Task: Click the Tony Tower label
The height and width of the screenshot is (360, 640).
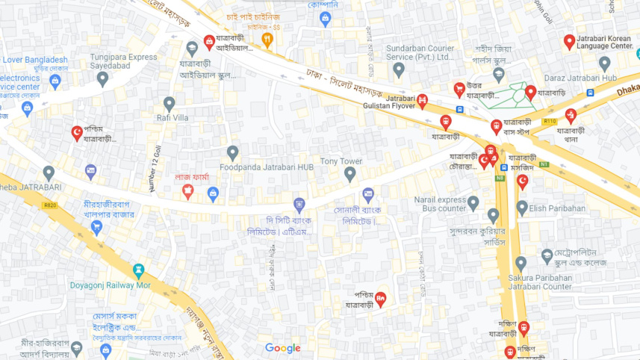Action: pos(341,161)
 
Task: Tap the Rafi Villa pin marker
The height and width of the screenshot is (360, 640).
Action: pos(170,104)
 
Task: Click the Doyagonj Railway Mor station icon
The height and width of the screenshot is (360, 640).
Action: pos(138,270)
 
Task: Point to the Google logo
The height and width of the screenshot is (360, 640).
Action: pos(282,348)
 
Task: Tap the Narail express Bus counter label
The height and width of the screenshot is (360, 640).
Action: pos(440,204)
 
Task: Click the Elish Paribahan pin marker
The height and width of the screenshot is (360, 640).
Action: pos(522,207)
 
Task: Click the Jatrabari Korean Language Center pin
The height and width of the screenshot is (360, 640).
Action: pos(569,41)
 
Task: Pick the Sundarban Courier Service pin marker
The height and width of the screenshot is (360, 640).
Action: pos(399,69)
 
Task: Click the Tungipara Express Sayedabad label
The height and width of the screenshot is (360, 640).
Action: pos(123,61)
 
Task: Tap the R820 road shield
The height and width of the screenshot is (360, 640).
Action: pos(50,204)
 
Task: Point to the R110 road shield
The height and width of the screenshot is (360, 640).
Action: pos(550,121)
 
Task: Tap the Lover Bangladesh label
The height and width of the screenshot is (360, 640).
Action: pos(34,60)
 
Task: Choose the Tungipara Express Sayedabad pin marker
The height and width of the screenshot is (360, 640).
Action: pos(102,78)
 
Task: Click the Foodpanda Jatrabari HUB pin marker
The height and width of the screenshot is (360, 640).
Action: pos(232,152)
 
